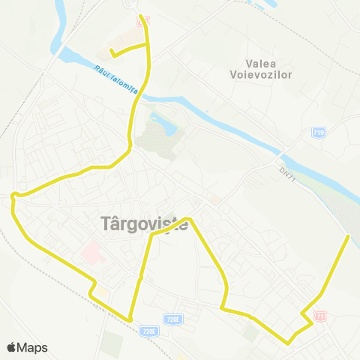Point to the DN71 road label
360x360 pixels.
pyautogui.click(x=285, y=172)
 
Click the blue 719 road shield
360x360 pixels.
pyautogui.click(x=319, y=133)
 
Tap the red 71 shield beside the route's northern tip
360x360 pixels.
pyautogui.click(x=146, y=19)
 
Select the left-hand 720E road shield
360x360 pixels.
pyautogui.click(x=148, y=330)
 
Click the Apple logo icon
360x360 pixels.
pyautogui.click(x=12, y=347)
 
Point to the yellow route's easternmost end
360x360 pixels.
pyautogui.click(x=349, y=236)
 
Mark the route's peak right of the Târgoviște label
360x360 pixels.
pyautogui.click(x=188, y=219)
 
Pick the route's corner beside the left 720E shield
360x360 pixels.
pyautogui.click(x=131, y=320)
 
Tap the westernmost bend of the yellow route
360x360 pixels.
pyautogui.click(x=13, y=196)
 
